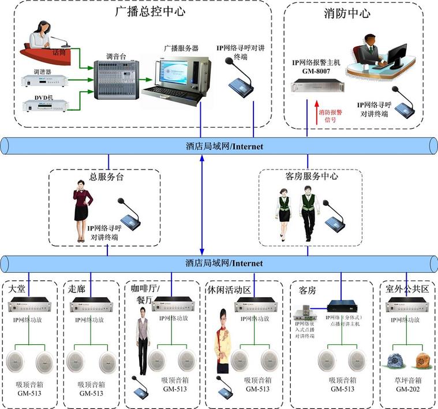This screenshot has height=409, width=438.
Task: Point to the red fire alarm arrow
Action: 316,112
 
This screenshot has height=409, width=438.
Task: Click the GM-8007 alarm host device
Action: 317,87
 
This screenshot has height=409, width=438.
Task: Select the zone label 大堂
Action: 16,288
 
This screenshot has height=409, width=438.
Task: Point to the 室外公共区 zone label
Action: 407,289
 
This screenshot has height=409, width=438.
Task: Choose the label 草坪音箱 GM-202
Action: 407,385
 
